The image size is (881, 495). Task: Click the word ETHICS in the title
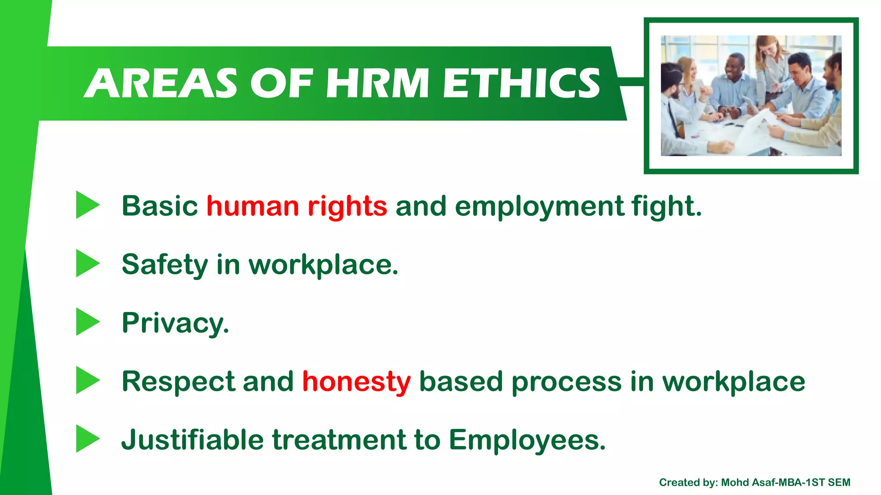pos(521,83)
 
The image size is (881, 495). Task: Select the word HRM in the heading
pos(377,83)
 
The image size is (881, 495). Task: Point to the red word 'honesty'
pos(356,382)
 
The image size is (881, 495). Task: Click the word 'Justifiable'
pos(192,440)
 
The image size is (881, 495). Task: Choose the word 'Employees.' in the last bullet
pos(527,440)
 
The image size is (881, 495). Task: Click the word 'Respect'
pos(178,382)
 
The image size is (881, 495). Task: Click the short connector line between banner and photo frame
pos(631,82)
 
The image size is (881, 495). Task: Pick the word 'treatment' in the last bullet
pos(339,440)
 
